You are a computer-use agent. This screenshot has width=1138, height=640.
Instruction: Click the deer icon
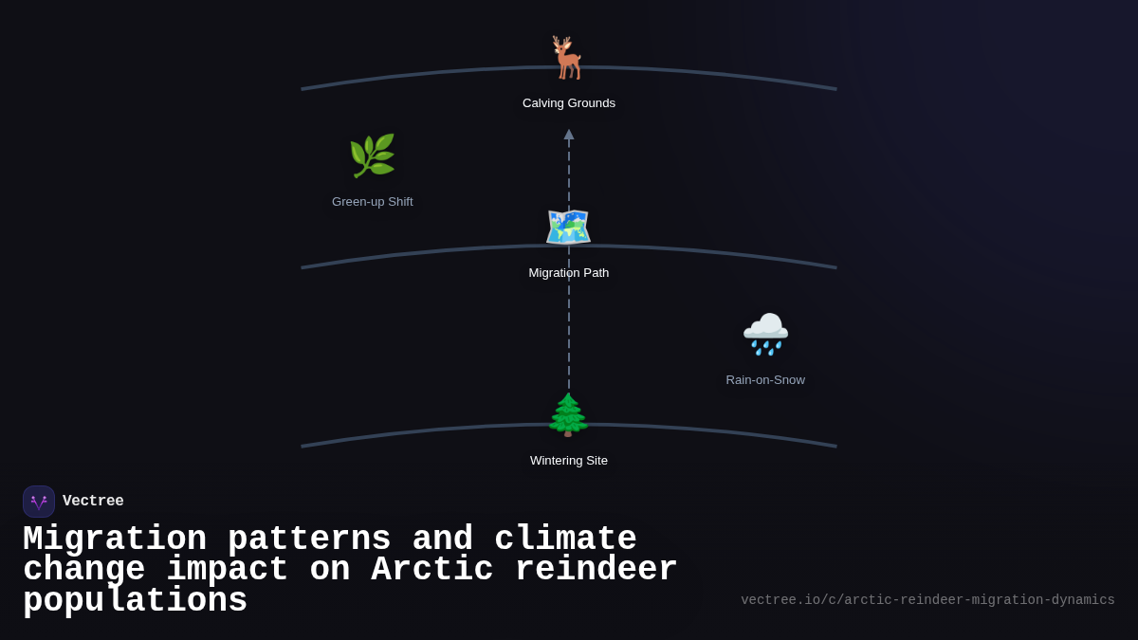(568, 58)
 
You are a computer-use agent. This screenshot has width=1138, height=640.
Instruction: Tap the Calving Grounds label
(569, 103)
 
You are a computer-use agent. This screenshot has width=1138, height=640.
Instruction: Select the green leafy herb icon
(372, 156)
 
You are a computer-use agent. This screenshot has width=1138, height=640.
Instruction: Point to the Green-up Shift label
(373, 202)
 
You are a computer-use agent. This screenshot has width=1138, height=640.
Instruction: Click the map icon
(568, 228)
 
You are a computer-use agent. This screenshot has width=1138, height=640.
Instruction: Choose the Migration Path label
(569, 273)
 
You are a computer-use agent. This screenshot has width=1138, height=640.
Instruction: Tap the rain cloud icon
(765, 334)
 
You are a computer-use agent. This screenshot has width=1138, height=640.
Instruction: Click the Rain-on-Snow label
(765, 380)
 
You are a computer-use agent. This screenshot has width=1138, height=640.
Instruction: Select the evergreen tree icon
(568, 415)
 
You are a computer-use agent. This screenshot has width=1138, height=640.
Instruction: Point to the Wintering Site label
(569, 461)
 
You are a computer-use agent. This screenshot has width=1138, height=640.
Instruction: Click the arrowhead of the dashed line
(569, 135)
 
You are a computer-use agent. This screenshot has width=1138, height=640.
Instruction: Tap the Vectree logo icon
(39, 502)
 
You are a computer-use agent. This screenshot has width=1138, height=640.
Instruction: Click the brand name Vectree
(93, 502)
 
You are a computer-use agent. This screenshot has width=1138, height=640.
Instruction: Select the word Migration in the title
(115, 539)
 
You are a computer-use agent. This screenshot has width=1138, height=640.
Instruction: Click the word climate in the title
(565, 539)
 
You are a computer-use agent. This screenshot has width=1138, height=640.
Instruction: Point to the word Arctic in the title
(431, 570)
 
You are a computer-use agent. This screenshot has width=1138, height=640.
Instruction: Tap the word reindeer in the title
(596, 570)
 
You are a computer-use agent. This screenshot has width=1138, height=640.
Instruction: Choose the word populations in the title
(135, 601)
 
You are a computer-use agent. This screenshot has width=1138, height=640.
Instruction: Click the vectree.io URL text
(927, 600)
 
